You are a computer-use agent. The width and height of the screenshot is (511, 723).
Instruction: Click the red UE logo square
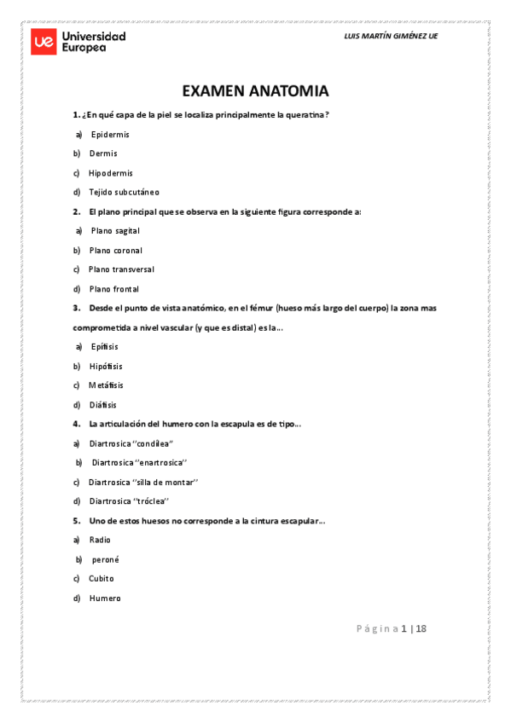point(44,43)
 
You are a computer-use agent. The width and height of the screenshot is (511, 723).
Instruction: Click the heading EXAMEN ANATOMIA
point(255,91)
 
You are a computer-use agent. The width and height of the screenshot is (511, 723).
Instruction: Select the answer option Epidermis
point(110,135)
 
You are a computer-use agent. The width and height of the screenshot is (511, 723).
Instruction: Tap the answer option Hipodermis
point(110,173)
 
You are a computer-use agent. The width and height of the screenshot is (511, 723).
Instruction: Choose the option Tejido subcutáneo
point(124,192)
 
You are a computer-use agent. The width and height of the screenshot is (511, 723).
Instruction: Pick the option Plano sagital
point(115,231)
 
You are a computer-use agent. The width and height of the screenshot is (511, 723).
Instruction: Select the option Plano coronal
point(115,251)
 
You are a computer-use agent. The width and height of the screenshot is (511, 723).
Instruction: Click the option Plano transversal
point(121,269)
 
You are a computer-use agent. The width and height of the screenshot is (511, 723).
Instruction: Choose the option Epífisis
point(104,347)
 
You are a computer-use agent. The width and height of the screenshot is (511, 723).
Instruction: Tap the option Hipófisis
point(106,366)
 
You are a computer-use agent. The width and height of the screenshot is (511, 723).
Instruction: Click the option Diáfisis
point(103,405)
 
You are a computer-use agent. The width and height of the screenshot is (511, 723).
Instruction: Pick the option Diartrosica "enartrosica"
point(139,463)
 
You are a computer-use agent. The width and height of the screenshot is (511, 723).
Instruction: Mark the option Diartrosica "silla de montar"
point(142,482)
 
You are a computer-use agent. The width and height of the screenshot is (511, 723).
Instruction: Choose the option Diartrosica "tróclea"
point(130,501)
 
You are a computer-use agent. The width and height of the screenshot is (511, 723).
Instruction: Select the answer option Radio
point(100,540)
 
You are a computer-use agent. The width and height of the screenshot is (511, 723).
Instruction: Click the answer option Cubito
point(101,578)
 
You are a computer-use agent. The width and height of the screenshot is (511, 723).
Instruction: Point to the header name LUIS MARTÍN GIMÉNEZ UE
point(390,37)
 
